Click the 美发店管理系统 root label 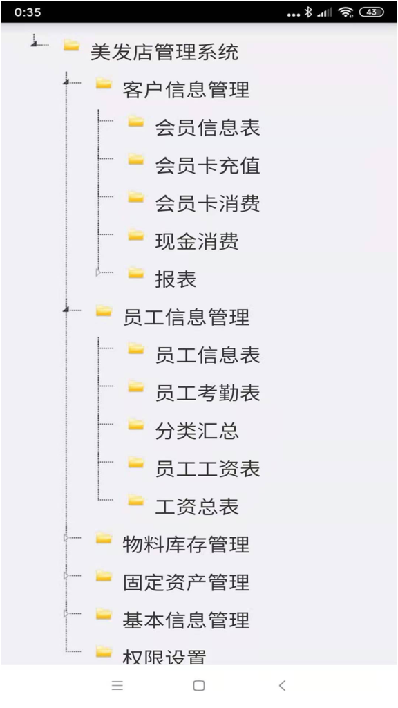pyautogui.click(x=164, y=53)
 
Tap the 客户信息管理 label pyautogui.click(x=186, y=90)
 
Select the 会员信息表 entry pyautogui.click(x=207, y=128)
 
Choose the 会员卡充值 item pyautogui.click(x=207, y=166)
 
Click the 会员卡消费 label pyautogui.click(x=207, y=204)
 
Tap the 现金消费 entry pyautogui.click(x=197, y=241)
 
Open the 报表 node pyautogui.click(x=176, y=279)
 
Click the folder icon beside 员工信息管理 pyautogui.click(x=104, y=310)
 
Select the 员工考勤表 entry pyautogui.click(x=207, y=393)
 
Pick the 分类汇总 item pyautogui.click(x=197, y=431)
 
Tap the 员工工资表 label pyautogui.click(x=207, y=469)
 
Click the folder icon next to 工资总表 pyautogui.click(x=136, y=501)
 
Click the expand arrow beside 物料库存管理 pyautogui.click(x=66, y=538)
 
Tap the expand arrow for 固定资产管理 pyautogui.click(x=66, y=576)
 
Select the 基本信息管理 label pyautogui.click(x=186, y=620)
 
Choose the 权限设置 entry pyautogui.click(x=164, y=657)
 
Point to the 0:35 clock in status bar pyautogui.click(x=28, y=12)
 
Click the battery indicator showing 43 pyautogui.click(x=371, y=12)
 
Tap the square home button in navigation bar pyautogui.click(x=198, y=685)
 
